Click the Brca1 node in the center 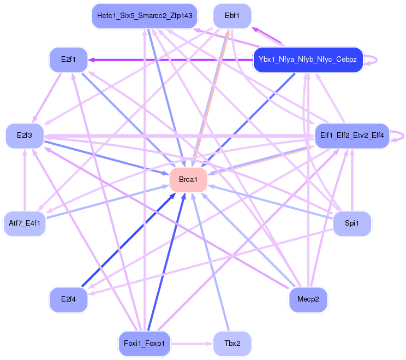click(x=188, y=180)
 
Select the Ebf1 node click(x=232, y=16)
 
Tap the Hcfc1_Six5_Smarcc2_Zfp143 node click(x=145, y=16)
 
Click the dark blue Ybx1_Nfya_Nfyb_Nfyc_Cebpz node click(x=308, y=60)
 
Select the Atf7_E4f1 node click(x=25, y=223)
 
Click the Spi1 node click(x=352, y=223)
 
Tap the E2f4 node click(x=68, y=300)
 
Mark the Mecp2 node click(x=308, y=300)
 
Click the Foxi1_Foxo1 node click(x=145, y=344)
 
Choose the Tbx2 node click(x=232, y=344)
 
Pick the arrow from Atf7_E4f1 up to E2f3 click(x=25, y=180)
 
